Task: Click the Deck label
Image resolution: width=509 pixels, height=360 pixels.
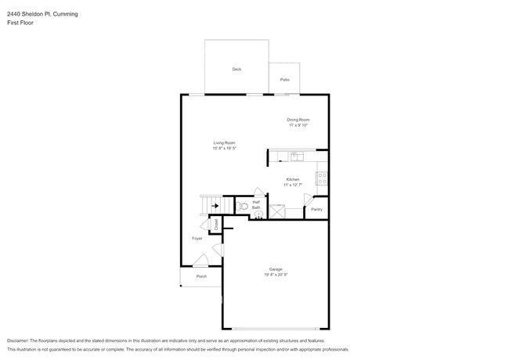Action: coord(236,70)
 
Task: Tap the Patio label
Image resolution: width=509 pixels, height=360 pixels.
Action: coord(285,80)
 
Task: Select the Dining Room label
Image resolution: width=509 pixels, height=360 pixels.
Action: coord(298,120)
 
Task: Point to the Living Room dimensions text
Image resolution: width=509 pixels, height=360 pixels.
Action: coord(224,148)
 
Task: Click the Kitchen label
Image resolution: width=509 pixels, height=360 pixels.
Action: coord(292,179)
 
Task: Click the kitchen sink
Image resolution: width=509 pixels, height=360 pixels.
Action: coord(297,157)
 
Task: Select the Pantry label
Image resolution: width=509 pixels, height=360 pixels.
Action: coord(316,209)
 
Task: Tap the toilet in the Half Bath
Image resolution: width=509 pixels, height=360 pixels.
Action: coord(244,207)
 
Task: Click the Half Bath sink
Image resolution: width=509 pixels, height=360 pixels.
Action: coord(259,212)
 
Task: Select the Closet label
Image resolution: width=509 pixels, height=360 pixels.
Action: coord(216,224)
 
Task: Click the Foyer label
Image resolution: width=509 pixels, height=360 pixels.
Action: coord(197,238)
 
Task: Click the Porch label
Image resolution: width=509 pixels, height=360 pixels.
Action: coord(201,276)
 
